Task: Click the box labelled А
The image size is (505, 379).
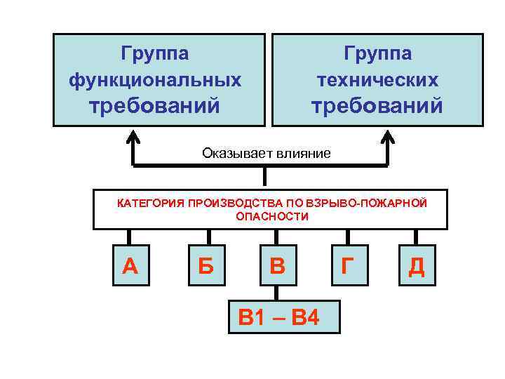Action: tap(130, 265)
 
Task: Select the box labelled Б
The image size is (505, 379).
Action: tap(206, 265)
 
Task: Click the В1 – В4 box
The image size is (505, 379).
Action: tap(278, 318)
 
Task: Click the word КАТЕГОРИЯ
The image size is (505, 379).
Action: tap(150, 203)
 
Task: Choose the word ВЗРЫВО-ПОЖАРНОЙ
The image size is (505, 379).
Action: tap(365, 203)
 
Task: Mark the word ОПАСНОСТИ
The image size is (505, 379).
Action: tap(271, 216)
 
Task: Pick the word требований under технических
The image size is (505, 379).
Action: tap(377, 106)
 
